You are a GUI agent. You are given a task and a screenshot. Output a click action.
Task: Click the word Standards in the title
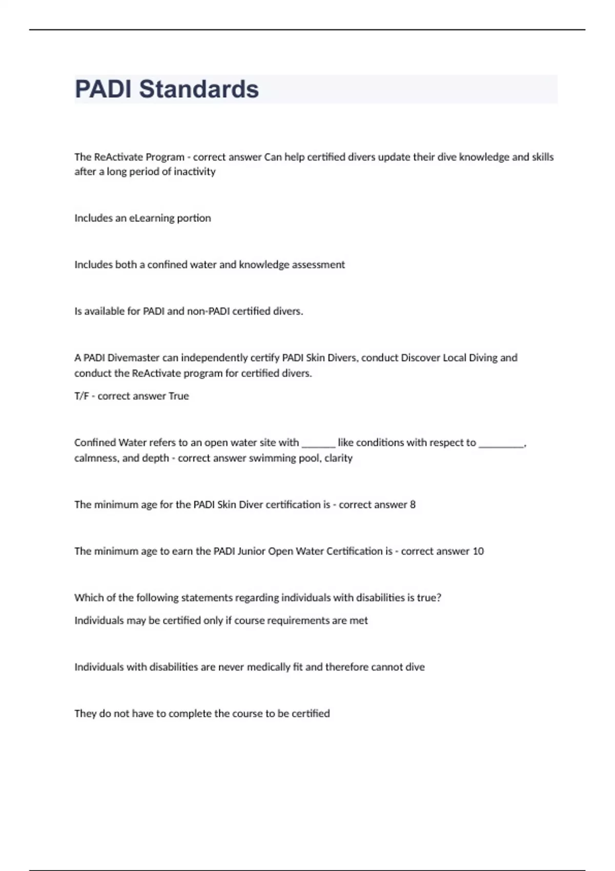[199, 89]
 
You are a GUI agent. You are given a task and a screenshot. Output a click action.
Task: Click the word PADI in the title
[104, 89]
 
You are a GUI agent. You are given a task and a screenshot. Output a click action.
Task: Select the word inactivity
[195, 172]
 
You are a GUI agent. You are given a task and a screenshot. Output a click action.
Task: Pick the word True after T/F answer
[179, 396]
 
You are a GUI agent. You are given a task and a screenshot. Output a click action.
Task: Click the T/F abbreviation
[81, 396]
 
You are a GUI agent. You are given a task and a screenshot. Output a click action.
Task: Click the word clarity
[338, 458]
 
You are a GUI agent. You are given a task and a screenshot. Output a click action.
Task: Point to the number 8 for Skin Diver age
[413, 505]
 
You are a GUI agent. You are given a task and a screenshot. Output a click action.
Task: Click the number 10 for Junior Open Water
[478, 551]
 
